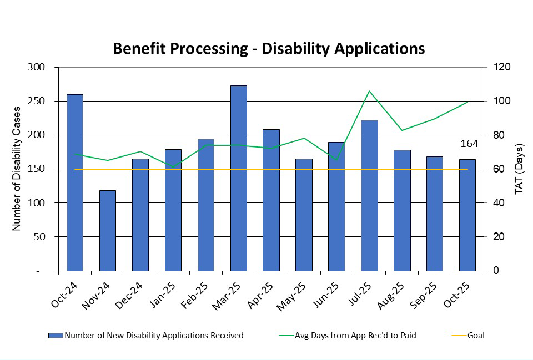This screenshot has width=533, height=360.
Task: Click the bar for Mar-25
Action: pyautogui.click(x=238, y=178)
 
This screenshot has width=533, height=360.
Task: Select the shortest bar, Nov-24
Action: pyautogui.click(x=107, y=230)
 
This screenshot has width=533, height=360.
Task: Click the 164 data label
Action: pyautogui.click(x=469, y=144)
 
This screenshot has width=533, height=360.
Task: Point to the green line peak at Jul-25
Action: pyautogui.click(x=369, y=91)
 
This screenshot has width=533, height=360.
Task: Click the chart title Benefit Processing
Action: pyautogui.click(x=269, y=48)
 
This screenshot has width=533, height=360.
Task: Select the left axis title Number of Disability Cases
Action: pyautogui.click(x=17, y=169)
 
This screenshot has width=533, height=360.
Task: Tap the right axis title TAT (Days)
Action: pyautogui.click(x=519, y=169)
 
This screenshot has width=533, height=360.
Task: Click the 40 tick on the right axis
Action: pyautogui.click(x=493, y=203)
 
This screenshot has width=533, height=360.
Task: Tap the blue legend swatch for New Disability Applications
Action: pyautogui.click(x=56, y=335)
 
